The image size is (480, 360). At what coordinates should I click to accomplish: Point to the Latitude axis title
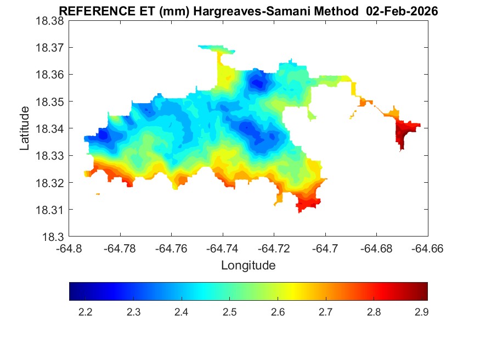(25, 128)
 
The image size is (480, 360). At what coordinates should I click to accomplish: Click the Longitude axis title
(248, 266)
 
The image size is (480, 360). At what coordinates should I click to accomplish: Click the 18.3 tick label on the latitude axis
(55, 237)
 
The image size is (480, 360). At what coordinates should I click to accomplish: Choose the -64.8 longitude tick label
(69, 249)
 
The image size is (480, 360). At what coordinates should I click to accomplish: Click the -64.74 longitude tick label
(222, 249)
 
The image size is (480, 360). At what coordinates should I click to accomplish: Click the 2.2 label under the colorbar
(85, 312)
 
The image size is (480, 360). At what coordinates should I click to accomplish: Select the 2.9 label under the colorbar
(421, 312)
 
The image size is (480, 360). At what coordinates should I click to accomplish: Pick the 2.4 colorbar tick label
(181, 312)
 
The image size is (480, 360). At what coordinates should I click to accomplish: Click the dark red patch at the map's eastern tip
(404, 133)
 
